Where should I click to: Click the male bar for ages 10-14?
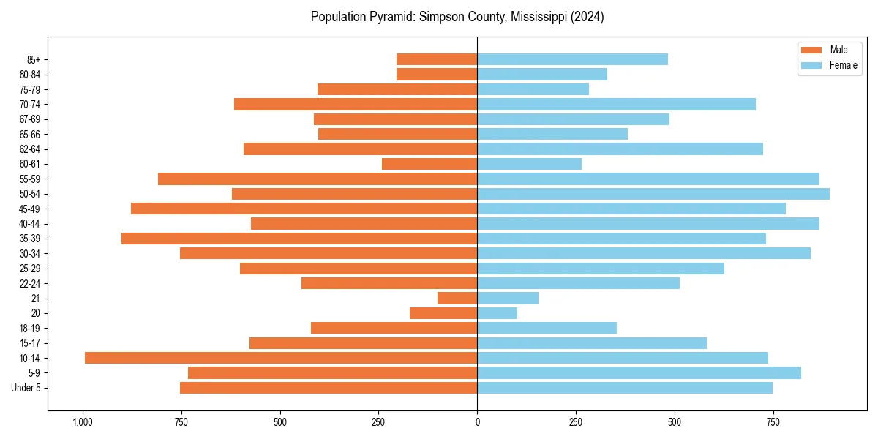[x=281, y=358]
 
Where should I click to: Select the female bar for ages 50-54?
[x=653, y=194]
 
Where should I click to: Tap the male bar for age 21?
[x=457, y=299]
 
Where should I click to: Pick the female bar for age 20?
[x=498, y=313]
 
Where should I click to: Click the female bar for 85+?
[x=572, y=59]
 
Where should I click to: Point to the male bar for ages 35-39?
[x=299, y=239]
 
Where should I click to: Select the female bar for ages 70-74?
[x=616, y=104]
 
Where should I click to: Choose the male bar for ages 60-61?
[x=429, y=164]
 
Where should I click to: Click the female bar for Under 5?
[x=625, y=388]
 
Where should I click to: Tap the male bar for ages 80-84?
[x=437, y=74]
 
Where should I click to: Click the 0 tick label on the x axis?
[x=477, y=422]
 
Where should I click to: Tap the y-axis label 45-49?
[x=30, y=209]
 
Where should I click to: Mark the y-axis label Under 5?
[x=26, y=388]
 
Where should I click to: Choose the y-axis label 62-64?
[x=30, y=149]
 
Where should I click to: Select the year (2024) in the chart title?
[x=586, y=17]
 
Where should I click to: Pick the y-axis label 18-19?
[x=30, y=329]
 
